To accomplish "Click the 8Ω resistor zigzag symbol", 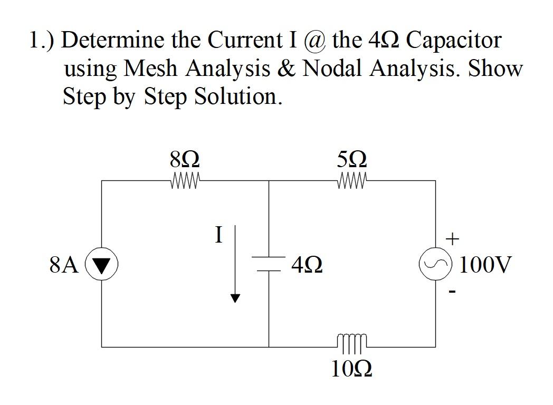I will point(185,181).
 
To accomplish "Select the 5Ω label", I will point(352,159).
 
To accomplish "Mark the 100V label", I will point(485,264).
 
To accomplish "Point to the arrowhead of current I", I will point(235,298).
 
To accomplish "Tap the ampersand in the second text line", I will point(287,69).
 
